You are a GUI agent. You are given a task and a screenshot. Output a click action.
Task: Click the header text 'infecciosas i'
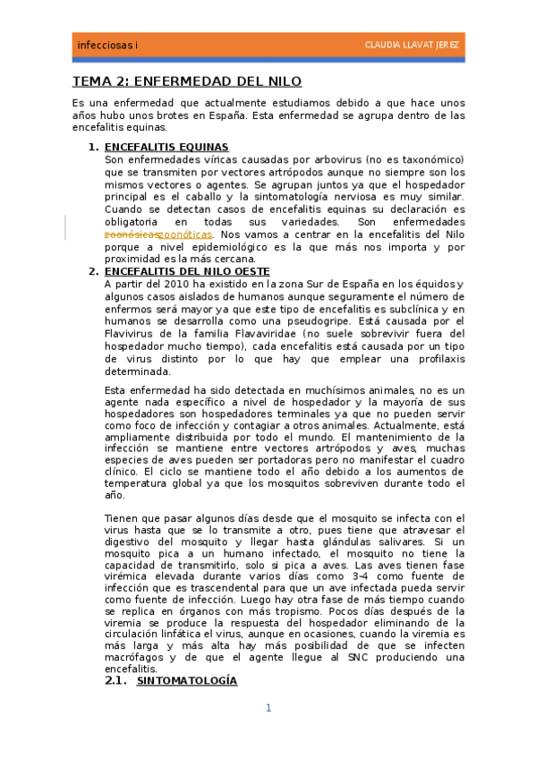[102, 45]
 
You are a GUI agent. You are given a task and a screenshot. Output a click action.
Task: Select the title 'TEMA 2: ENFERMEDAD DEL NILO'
[187, 81]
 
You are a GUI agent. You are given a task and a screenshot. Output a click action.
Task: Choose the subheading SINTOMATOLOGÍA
[186, 681]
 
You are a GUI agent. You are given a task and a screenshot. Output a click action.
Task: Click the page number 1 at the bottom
[268, 709]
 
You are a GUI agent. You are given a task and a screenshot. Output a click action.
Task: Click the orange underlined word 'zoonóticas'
[184, 235]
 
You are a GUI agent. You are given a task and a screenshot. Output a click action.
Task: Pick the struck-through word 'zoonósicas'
[131, 235]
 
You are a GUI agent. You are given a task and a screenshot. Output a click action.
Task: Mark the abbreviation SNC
[372, 657]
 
